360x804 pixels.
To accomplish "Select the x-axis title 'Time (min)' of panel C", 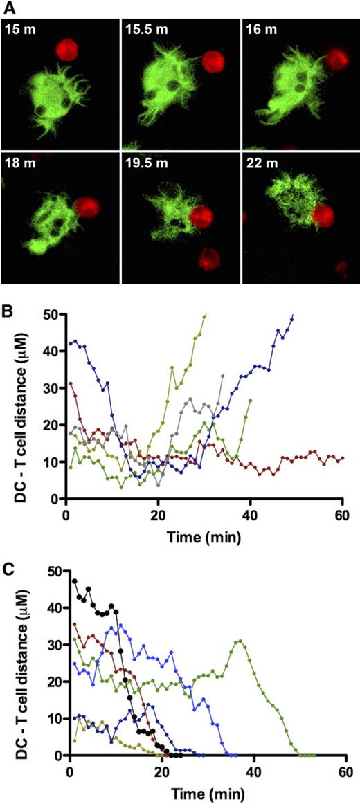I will tap(208, 789).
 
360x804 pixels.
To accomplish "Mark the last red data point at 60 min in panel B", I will tap(343, 458).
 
